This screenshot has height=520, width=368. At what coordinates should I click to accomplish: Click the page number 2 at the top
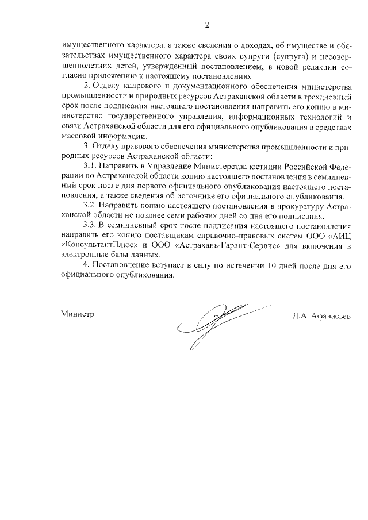pyautogui.click(x=207, y=25)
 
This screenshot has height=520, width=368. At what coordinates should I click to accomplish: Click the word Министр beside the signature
pyautogui.click(x=77, y=314)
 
